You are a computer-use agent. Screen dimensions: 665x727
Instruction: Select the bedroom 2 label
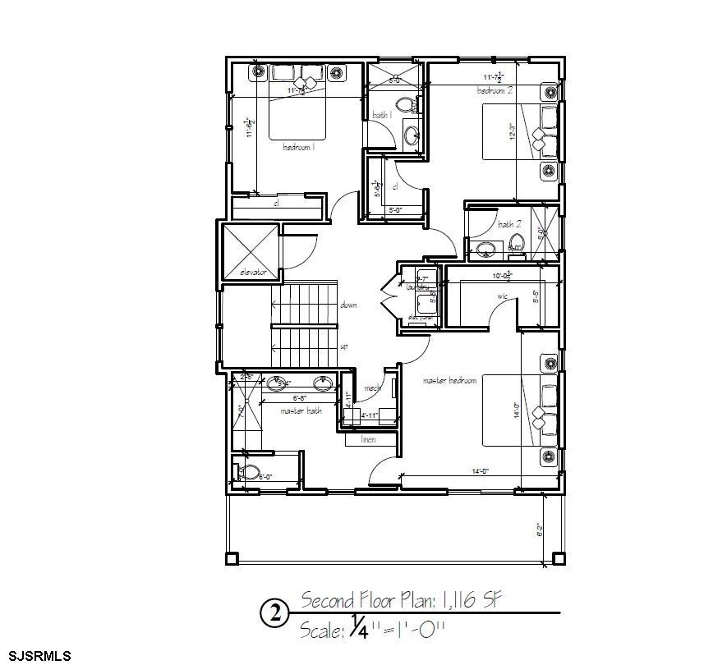coord(495,90)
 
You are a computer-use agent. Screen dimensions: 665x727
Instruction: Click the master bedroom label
coord(449,381)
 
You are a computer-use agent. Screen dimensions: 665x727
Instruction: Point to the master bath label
coord(301,410)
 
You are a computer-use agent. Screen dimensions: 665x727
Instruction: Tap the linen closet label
coord(370,440)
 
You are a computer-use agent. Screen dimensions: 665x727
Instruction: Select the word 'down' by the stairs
coord(348,305)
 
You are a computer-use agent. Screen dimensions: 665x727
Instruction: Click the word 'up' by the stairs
coord(344,346)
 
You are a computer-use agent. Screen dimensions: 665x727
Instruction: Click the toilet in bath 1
coord(404,105)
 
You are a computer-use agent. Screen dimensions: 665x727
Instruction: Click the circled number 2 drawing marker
coord(274,613)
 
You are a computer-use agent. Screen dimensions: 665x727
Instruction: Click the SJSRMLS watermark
coord(36,656)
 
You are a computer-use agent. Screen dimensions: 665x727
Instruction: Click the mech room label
coord(371,389)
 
